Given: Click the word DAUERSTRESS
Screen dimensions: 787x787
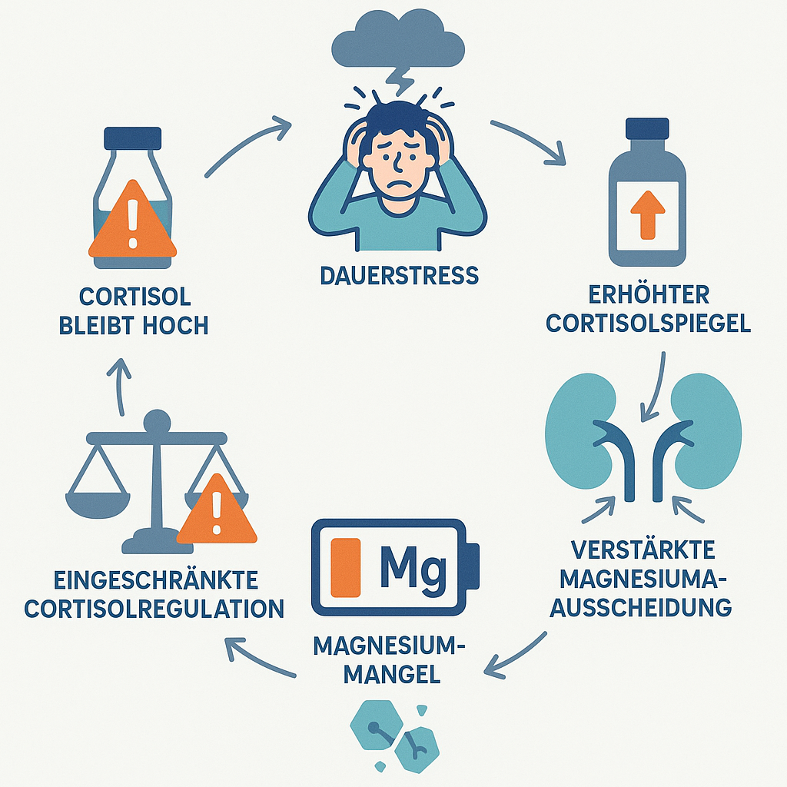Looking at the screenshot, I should (399, 274).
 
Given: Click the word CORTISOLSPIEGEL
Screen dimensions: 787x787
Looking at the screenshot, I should (648, 324).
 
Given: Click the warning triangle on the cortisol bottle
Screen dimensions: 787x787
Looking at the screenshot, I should (132, 223).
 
